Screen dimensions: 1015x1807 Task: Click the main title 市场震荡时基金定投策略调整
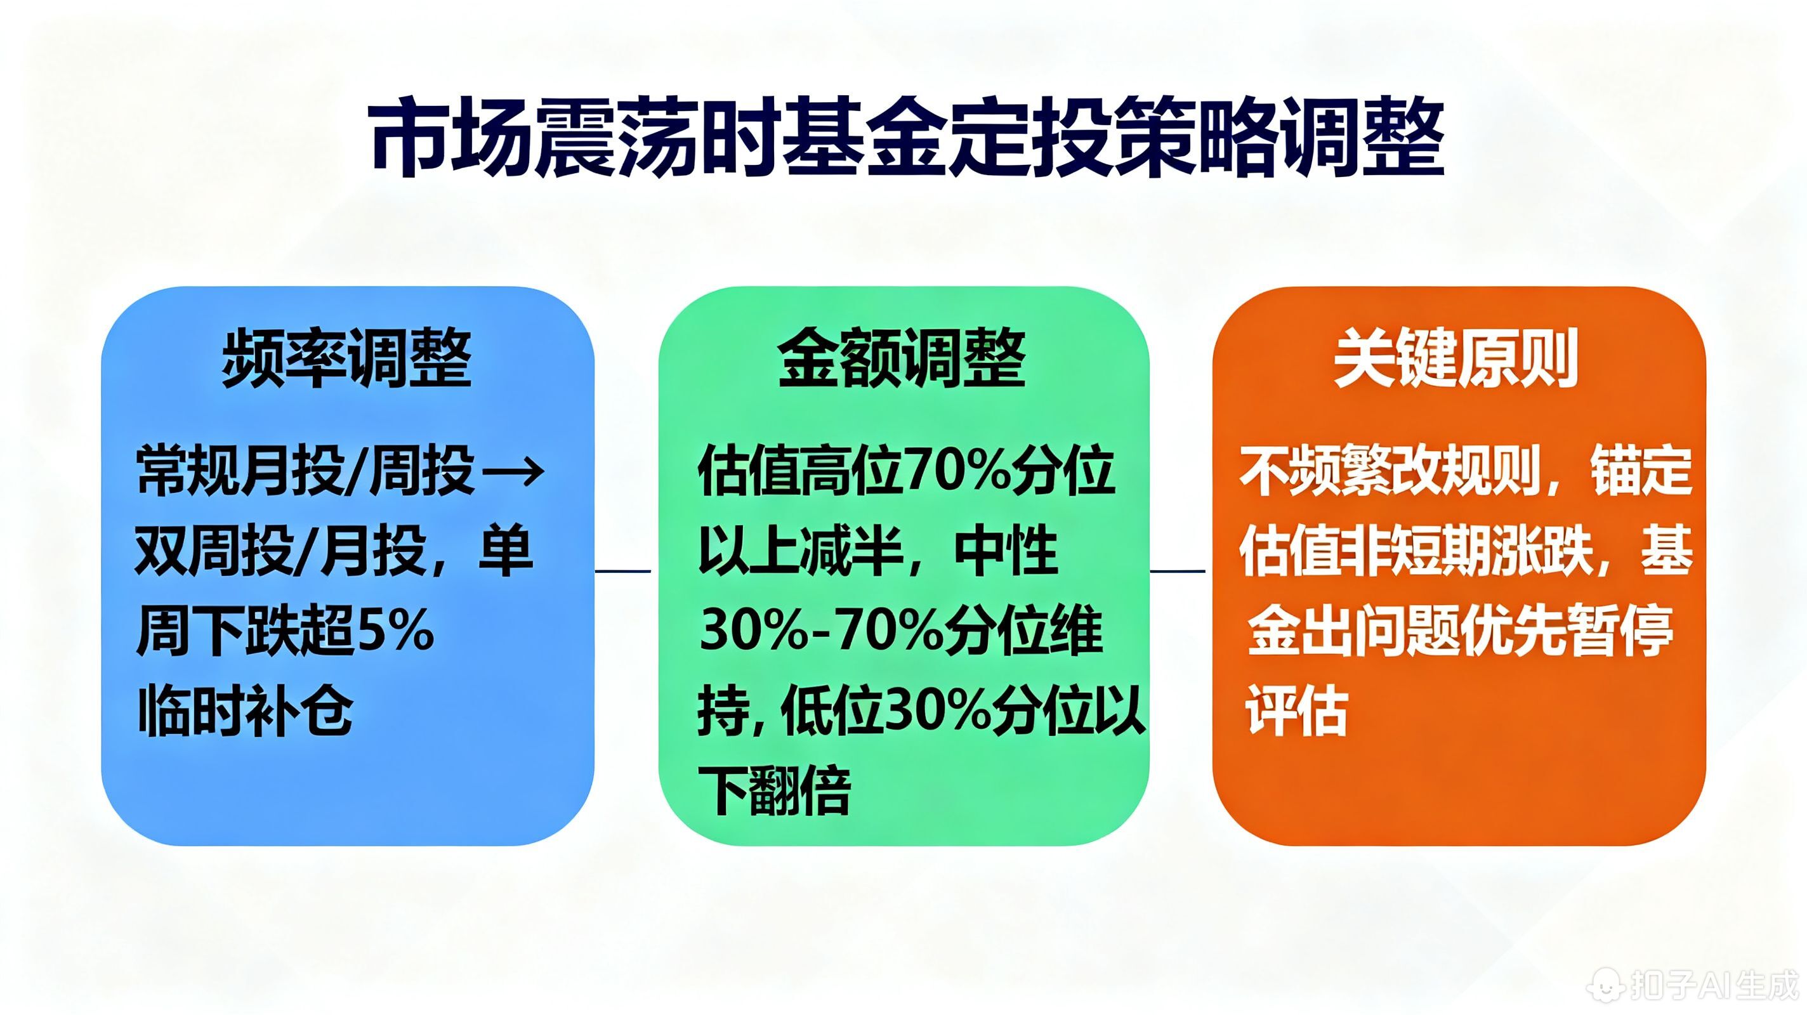coord(905,139)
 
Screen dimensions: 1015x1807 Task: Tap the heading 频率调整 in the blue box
coord(346,358)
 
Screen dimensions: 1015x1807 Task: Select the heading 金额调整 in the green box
coord(902,358)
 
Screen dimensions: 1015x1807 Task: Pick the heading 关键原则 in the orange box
coord(1456,358)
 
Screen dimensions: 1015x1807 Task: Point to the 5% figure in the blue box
coord(397,631)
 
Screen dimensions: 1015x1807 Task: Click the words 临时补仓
coord(246,710)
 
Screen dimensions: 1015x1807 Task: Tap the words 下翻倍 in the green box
coord(775,790)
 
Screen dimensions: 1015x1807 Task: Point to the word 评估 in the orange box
coord(1296,710)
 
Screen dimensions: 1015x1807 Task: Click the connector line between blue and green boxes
coord(623,571)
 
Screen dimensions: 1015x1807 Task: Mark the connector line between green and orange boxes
coord(1178,571)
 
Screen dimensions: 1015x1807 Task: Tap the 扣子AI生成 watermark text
coord(1714,984)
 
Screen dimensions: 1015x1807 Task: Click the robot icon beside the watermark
coord(1607,984)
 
